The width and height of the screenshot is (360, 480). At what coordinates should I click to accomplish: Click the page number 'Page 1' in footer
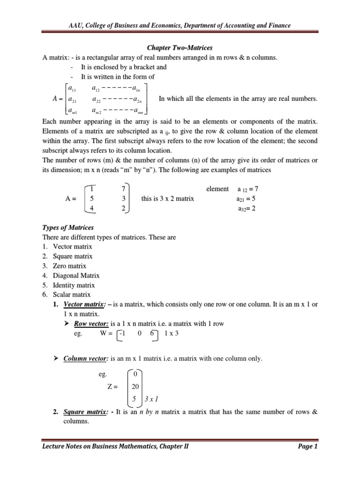coord(307,460)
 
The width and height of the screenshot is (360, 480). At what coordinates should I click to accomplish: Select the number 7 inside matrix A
coord(123,189)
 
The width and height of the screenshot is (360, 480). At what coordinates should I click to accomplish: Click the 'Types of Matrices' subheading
coord(68,227)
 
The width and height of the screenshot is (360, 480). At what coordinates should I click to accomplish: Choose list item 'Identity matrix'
coord(74,285)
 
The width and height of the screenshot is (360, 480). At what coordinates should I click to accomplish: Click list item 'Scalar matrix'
coord(72,294)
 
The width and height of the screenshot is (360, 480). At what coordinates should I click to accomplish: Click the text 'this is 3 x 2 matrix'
coord(167,199)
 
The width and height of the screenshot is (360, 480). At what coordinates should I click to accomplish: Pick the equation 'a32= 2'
coord(247,209)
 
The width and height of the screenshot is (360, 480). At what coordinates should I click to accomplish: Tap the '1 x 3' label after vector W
coord(172,333)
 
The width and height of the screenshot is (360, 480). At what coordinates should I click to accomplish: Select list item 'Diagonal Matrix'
coord(76,276)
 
